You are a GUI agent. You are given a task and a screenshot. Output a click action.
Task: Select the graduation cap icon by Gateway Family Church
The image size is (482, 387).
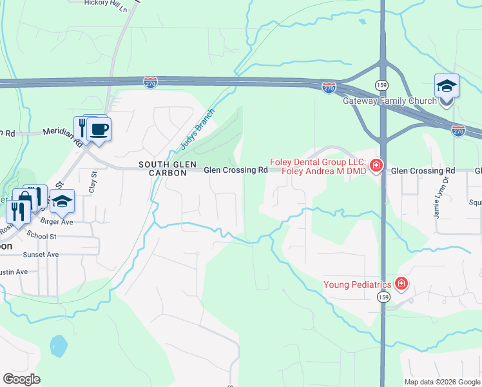pyautogui.click(x=446, y=86)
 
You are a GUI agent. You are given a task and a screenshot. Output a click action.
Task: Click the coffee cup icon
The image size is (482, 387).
pyautogui.click(x=99, y=129)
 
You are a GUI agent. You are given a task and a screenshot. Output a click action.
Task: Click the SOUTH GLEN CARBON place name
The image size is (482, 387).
pyautogui.click(x=163, y=169)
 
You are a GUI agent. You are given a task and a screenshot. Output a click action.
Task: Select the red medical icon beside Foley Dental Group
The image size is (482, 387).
pyautogui.click(x=375, y=167)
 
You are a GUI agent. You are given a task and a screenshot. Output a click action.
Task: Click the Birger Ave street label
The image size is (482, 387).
pyautogui.click(x=57, y=221)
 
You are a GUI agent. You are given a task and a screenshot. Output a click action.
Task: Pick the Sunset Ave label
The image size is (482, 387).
pyautogui.click(x=41, y=255)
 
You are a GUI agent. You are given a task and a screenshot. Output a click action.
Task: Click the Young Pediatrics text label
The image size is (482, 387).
pyautogui.click(x=358, y=284)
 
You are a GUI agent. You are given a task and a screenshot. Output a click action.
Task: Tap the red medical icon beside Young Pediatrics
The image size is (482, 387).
pyautogui.click(x=401, y=284)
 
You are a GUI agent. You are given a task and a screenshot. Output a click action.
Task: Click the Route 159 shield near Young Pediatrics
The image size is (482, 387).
pyautogui.click(x=383, y=297)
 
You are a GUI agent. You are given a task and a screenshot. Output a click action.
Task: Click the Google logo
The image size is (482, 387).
pyautogui.click(x=21, y=379)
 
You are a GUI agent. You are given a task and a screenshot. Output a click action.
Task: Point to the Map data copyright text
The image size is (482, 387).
pyautogui.click(x=441, y=382)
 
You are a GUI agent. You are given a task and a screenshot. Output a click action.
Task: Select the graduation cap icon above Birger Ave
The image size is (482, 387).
pyautogui.click(x=63, y=202)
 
